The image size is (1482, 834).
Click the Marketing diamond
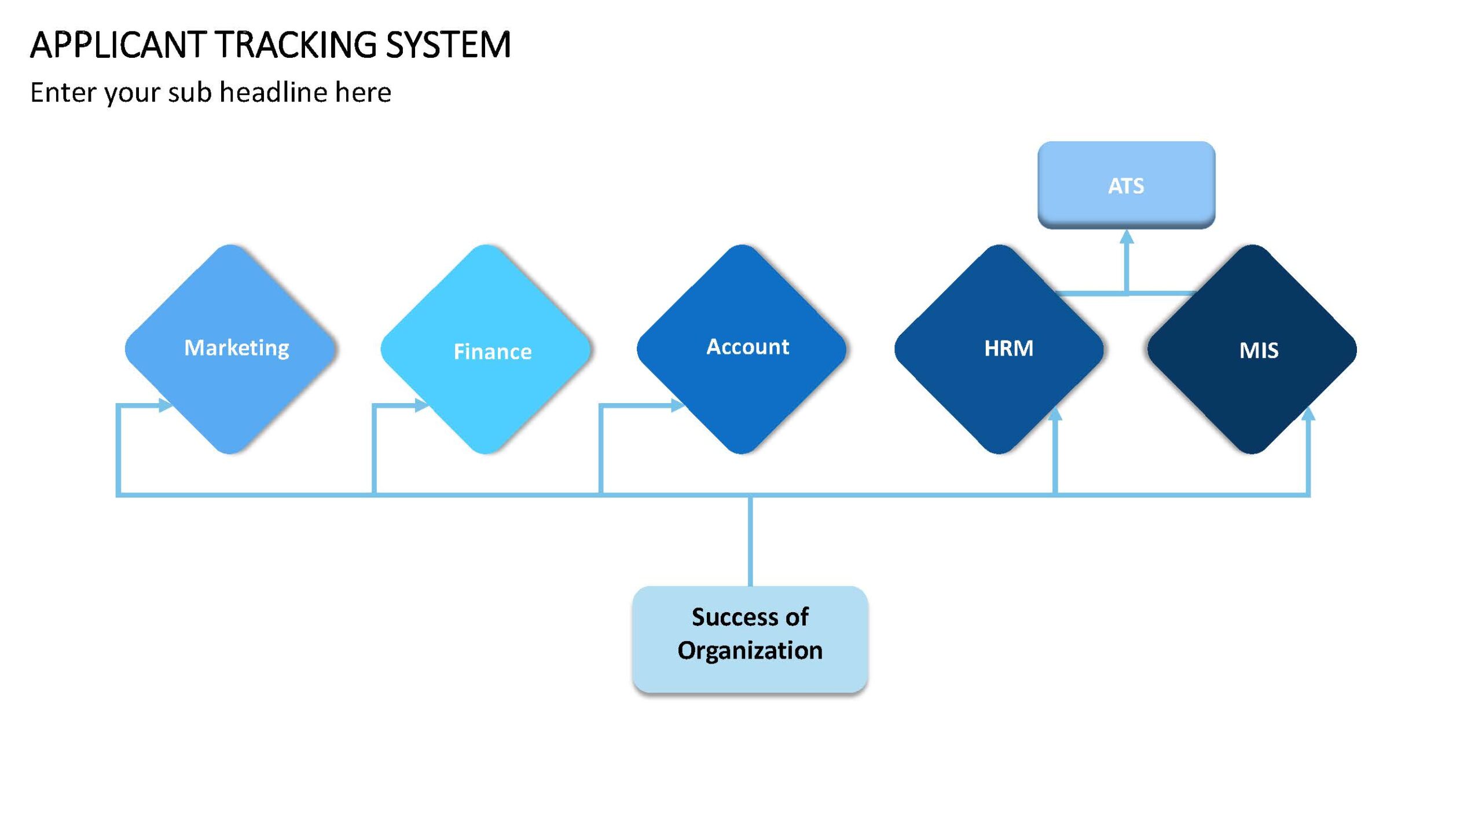[230, 349]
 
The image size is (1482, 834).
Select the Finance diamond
[486, 349]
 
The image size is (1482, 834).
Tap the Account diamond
[742, 349]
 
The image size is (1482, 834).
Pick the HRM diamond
[999, 349]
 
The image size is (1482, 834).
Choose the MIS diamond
[1252, 349]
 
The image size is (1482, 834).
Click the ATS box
[1126, 185]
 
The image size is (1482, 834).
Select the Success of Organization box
[750, 639]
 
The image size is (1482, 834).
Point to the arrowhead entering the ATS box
[1127, 236]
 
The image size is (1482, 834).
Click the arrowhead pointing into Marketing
[166, 405]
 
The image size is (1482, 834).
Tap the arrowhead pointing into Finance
[423, 405]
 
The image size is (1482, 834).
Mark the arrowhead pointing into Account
[678, 405]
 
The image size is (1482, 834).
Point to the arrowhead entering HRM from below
[1055, 414]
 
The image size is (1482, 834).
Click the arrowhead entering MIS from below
[1308, 414]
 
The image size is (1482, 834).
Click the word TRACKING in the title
[295, 45]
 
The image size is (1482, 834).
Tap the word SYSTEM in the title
[448, 45]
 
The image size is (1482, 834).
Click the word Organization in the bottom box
[750, 650]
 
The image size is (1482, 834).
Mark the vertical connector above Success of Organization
[750, 540]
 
